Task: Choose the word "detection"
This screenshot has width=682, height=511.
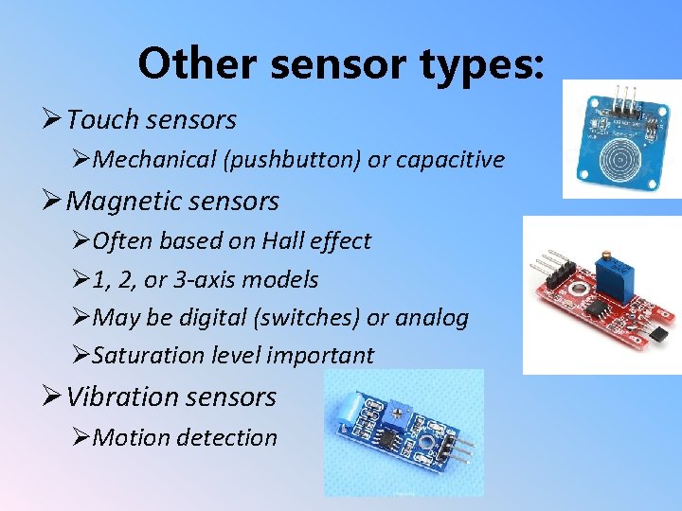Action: click(x=232, y=437)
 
